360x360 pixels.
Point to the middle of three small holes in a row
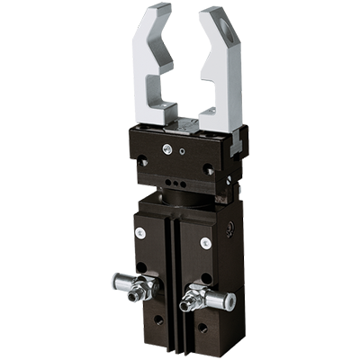point(174,191)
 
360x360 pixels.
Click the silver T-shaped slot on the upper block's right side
point(236,139)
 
